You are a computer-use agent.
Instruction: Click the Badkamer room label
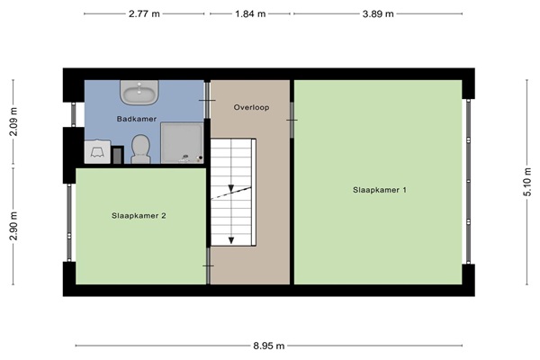pyautogui.click(x=137, y=119)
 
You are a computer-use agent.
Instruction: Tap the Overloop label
pyautogui.click(x=251, y=107)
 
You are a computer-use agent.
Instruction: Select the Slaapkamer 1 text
pyautogui.click(x=380, y=190)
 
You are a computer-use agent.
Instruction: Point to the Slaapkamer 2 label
pyautogui.click(x=139, y=216)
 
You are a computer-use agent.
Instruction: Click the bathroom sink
pyautogui.click(x=139, y=92)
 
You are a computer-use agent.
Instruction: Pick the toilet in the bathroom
pyautogui.click(x=141, y=148)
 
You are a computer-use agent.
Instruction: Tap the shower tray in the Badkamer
pyautogui.click(x=182, y=142)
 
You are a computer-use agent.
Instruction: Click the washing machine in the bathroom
pyautogui.click(x=97, y=151)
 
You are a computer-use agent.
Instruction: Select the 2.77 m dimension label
pyautogui.click(x=144, y=13)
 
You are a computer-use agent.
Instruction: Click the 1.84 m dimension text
pyautogui.click(x=250, y=13)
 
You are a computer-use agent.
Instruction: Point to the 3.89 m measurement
pyautogui.click(x=378, y=13)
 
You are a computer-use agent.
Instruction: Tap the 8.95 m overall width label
pyautogui.click(x=269, y=346)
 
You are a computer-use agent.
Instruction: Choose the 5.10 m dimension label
pyautogui.click(x=526, y=182)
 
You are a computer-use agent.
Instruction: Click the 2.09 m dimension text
pyautogui.click(x=13, y=121)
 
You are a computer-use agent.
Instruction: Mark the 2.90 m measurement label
pyautogui.click(x=13, y=226)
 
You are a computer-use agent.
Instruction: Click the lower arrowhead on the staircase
pyautogui.click(x=231, y=240)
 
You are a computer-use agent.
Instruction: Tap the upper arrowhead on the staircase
pyautogui.click(x=231, y=188)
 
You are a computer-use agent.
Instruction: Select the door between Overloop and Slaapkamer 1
pyautogui.click(x=292, y=120)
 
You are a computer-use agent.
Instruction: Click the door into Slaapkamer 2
pyautogui.click(x=208, y=266)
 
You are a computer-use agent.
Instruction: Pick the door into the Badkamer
pyautogui.click(x=207, y=100)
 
